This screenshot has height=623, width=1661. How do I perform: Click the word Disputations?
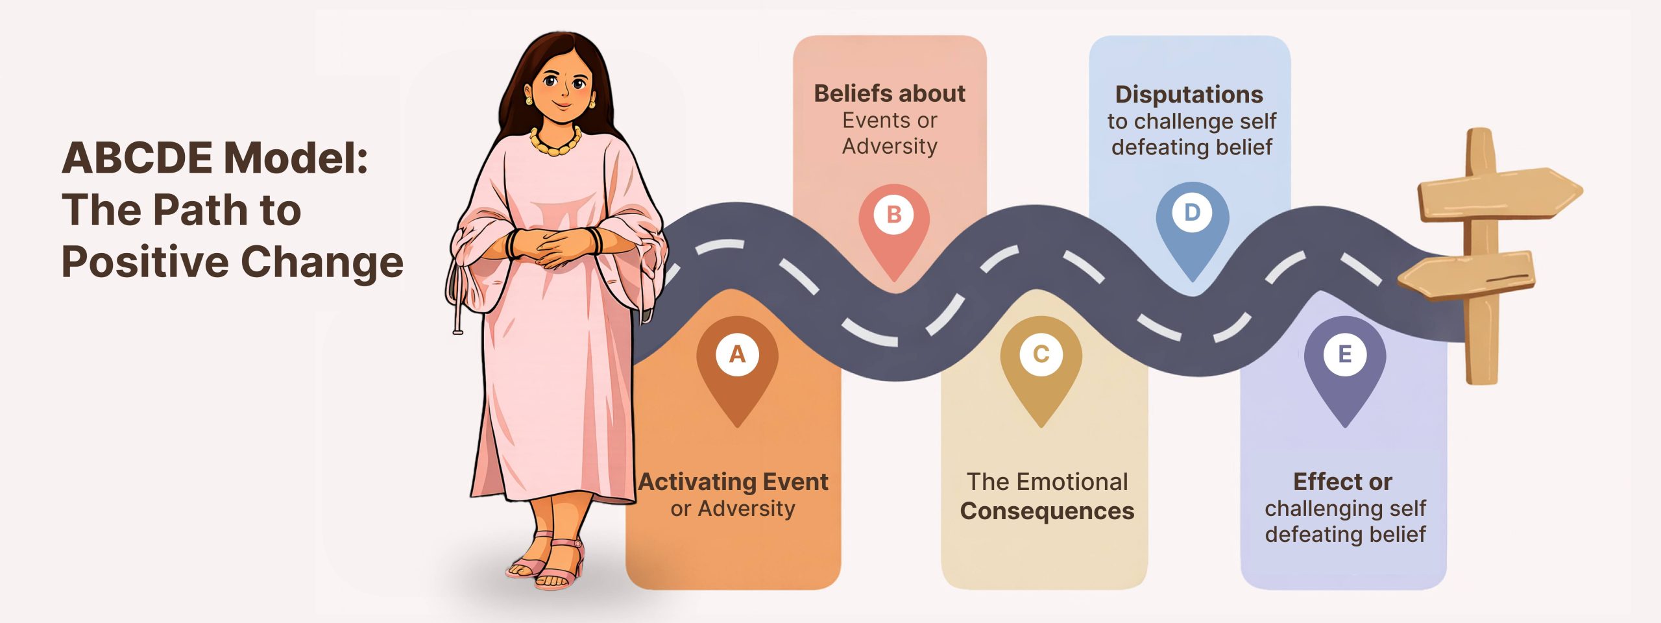click(x=1189, y=95)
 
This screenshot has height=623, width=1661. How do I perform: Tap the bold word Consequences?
click(x=1047, y=511)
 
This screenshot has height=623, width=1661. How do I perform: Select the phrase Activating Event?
click(x=733, y=482)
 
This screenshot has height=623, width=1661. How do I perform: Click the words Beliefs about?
click(x=890, y=93)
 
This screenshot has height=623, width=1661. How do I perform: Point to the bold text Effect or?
click(x=1342, y=482)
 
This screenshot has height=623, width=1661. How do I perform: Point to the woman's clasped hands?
click(x=555, y=247)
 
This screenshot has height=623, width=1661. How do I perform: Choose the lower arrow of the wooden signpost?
click(x=1470, y=276)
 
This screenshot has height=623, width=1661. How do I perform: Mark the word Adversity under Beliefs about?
click(x=890, y=146)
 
